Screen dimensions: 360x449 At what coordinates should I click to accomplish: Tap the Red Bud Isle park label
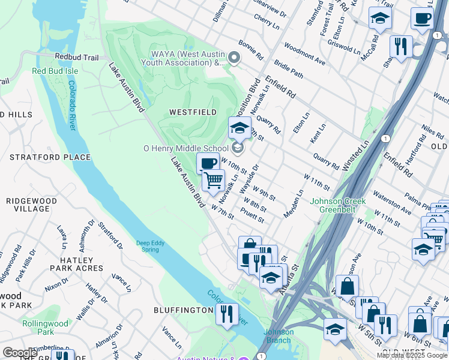[55, 71]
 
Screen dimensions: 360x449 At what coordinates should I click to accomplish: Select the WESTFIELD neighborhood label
[193, 112]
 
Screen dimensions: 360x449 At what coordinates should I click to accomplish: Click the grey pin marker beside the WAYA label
[234, 58]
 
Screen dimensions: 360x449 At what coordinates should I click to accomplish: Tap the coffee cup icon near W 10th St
[208, 163]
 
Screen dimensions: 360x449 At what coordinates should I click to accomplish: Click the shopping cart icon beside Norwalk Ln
[213, 179]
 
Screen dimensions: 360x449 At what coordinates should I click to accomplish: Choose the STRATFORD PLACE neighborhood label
[50, 157]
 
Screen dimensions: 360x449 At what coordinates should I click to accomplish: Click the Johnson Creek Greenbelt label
[337, 205]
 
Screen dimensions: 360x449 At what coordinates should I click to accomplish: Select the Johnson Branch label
[279, 336]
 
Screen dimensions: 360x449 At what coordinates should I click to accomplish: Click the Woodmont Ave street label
[304, 54]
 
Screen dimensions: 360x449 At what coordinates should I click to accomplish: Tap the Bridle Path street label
[288, 71]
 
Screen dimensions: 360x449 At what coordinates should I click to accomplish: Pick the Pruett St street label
[252, 216]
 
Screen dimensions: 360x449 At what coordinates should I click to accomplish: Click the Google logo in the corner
[20, 352]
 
